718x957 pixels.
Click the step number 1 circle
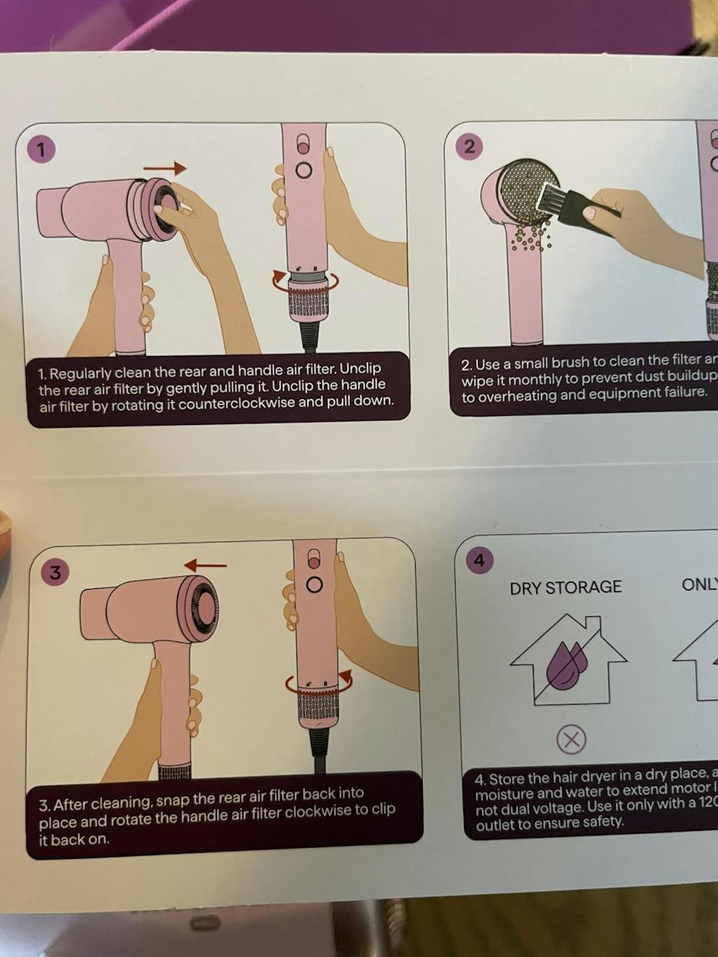41,149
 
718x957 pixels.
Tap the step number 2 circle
470,146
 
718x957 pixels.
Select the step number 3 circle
55,572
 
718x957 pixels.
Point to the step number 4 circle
480,560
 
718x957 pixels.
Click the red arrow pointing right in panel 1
165,168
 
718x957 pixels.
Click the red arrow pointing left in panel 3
205,565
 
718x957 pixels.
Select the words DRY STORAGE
565,588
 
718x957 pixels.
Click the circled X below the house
571,739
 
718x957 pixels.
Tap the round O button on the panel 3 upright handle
315,585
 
